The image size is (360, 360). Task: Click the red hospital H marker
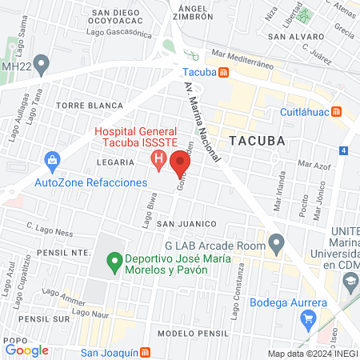pos(159,159)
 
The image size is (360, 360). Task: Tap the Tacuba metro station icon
pos(225,72)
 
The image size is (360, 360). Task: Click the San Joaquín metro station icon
pos(145,352)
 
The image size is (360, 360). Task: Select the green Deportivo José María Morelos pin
pos(114,259)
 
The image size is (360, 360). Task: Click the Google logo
pos(26,350)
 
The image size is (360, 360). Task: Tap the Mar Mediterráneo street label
pos(242,56)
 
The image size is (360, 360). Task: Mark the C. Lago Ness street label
pos(50,226)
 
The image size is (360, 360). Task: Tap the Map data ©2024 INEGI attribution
pos(312,354)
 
